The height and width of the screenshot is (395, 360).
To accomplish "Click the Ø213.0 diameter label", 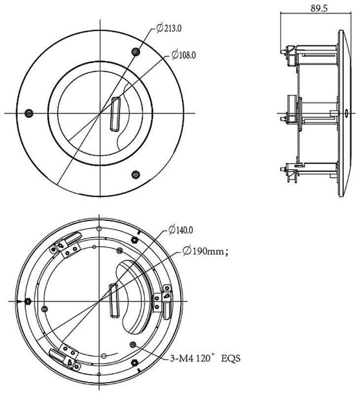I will click(x=169, y=29).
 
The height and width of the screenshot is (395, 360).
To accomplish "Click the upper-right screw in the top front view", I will click(x=134, y=52).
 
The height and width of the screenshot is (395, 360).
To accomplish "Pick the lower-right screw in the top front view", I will click(x=135, y=174).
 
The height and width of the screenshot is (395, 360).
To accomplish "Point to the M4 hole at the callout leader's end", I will click(x=133, y=344).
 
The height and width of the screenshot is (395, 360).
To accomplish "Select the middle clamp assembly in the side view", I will click(x=292, y=113).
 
